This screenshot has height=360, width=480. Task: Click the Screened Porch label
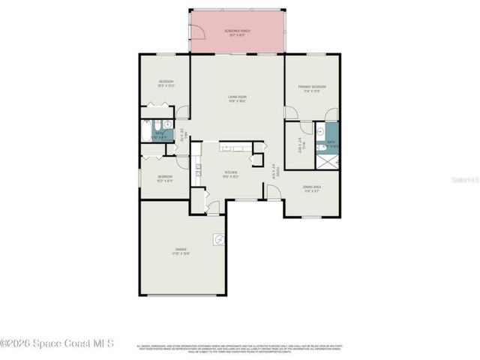tap(238, 32)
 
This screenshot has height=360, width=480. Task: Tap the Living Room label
tap(238, 97)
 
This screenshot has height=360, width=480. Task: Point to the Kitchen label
tap(230, 173)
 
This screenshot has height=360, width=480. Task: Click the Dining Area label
tap(313, 189)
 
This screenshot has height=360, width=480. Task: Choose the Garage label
tap(181, 250)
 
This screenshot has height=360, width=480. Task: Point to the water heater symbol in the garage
tap(218, 239)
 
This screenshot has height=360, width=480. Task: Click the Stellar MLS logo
tap(463, 181)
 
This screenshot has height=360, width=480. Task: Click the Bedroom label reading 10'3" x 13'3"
tap(166, 83)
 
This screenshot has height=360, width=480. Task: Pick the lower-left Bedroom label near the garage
tap(164, 178)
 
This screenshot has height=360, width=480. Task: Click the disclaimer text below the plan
tap(240, 348)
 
